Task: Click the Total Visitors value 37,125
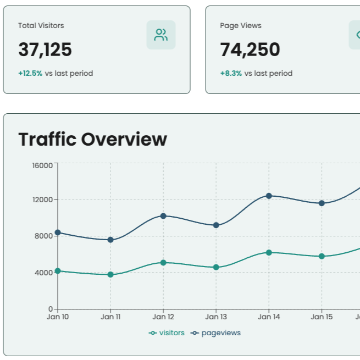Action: [x=45, y=50]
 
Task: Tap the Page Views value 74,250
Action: [x=250, y=50]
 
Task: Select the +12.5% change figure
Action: [x=30, y=73]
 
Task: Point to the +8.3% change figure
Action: [x=231, y=73]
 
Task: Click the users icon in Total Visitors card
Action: [x=161, y=35]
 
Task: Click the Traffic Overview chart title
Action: [x=92, y=139]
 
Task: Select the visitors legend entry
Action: [x=167, y=333]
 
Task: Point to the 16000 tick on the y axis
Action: [x=42, y=165]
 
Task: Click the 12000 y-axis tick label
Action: [x=42, y=200]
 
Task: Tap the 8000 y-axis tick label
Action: [x=44, y=236]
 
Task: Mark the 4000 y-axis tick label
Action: [x=44, y=272]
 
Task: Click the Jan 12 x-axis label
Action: [x=163, y=317]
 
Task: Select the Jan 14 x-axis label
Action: [x=269, y=317]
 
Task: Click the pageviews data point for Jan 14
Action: [x=269, y=196]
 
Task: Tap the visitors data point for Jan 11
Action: [x=110, y=274]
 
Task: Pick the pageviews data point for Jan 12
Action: [x=163, y=216]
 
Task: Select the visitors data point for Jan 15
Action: [x=322, y=256]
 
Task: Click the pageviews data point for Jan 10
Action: [x=58, y=232]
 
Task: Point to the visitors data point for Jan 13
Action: [x=216, y=267]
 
